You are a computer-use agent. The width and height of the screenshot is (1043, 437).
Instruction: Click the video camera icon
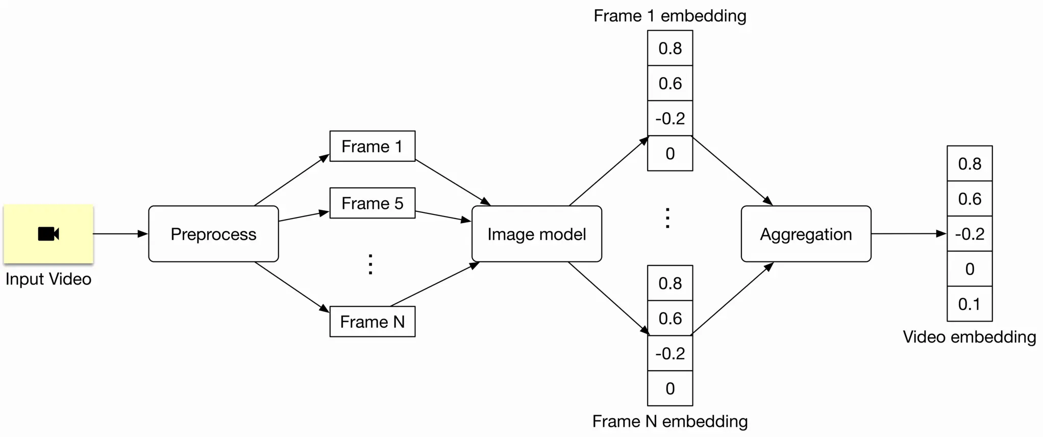coord(48,234)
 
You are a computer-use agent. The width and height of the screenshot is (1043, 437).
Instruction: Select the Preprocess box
coord(213,234)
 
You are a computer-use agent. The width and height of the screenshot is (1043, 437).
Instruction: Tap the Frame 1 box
coord(372,147)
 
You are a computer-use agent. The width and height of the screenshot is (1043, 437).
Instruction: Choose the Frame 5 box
coord(372,203)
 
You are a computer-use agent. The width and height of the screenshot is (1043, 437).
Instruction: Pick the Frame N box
coord(372,322)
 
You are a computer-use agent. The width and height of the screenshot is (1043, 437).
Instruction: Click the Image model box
coord(536,234)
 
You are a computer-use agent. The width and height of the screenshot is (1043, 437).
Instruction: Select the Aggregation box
coord(806,234)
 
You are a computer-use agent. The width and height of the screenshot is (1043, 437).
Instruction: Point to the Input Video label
coord(48,279)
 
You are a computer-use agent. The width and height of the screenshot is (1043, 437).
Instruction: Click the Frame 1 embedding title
coord(669,16)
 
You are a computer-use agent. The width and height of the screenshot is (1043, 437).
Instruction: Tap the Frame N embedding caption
coord(669,421)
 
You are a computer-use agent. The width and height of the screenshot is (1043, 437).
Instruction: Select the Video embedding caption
coord(969,337)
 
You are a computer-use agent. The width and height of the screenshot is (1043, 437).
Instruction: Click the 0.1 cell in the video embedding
coord(969,304)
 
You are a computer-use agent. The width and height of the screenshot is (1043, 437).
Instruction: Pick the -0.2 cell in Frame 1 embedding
coord(669,118)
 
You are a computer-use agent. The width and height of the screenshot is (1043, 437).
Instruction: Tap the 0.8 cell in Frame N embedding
coord(669,283)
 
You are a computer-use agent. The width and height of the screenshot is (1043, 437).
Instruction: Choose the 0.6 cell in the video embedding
coord(969,199)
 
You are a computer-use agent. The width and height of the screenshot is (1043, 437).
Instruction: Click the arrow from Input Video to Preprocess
coord(120,234)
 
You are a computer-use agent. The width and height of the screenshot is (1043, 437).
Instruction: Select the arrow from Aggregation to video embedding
coord(908,234)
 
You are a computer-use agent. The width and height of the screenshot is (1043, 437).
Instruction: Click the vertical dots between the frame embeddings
coord(667,218)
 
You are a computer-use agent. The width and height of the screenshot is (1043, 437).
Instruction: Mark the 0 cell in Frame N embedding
coord(669,389)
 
